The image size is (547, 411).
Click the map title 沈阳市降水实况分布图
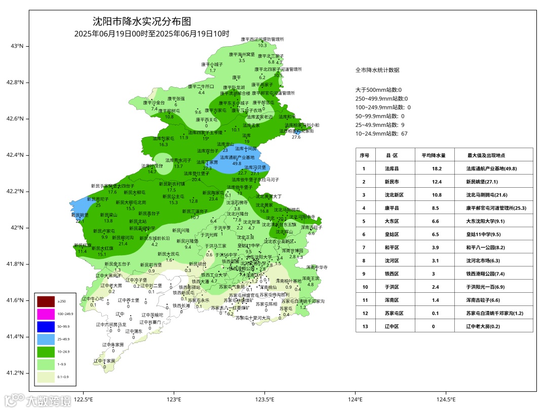[142, 21]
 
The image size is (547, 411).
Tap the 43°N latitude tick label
[17, 46]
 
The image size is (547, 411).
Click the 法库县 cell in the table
[392, 168]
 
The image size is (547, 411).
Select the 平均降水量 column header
[434, 155]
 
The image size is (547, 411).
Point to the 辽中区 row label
[392, 326]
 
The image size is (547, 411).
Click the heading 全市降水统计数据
[377, 70]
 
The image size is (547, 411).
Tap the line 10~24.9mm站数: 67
[380, 134]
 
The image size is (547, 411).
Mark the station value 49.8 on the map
[237, 163]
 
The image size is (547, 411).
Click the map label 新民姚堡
[80, 215]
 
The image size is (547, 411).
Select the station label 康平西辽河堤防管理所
[262, 39]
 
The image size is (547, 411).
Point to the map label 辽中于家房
[104, 361]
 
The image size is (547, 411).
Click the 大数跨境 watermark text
[49, 401]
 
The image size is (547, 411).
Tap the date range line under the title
[151, 34]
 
